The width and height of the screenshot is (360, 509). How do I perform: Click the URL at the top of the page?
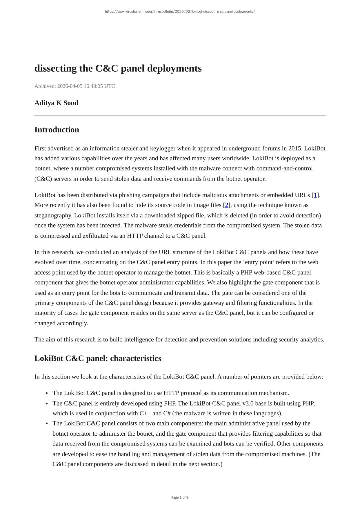pyautogui.click(x=180, y=12)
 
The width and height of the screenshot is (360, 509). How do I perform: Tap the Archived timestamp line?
pyautogui.click(x=75, y=86)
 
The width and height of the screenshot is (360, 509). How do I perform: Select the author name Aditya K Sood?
pyautogui.click(x=56, y=103)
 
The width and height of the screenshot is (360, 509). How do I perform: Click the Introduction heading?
pyautogui.click(x=57, y=130)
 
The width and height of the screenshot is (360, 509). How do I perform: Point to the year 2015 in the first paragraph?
pyautogui.click(x=295, y=148)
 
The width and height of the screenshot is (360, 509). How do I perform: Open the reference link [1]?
pyautogui.click(x=315, y=195)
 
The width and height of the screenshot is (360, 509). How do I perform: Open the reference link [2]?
pyautogui.click(x=227, y=205)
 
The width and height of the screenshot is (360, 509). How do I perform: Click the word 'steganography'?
pyautogui.click(x=53, y=215)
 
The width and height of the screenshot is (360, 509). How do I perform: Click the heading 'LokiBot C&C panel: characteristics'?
pyautogui.click(x=98, y=358)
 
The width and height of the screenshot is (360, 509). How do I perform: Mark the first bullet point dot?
pyautogui.click(x=47, y=393)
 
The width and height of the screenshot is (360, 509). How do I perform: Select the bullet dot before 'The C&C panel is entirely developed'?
pyautogui.click(x=47, y=403)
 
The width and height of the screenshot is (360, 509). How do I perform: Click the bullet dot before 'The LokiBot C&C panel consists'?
pyautogui.click(x=47, y=423)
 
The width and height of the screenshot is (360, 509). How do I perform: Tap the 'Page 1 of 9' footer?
pyautogui.click(x=180, y=497)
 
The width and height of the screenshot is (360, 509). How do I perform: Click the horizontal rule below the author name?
pyautogui.click(x=180, y=116)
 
